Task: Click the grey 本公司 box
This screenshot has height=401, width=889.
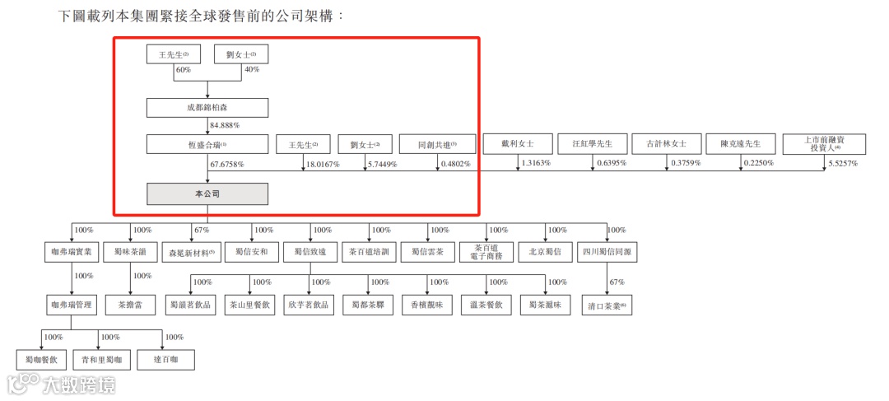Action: point(207,194)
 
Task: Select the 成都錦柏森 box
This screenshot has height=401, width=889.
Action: point(207,107)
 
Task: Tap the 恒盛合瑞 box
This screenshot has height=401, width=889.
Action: point(207,144)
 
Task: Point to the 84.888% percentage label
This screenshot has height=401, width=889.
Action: point(225,126)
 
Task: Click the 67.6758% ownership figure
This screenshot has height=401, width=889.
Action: point(228,165)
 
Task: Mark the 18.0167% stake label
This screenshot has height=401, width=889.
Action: point(322,165)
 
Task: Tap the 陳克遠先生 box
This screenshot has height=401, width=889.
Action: point(740,143)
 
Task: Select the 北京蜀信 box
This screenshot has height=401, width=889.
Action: point(544,252)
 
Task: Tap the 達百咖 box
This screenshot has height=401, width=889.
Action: point(166,359)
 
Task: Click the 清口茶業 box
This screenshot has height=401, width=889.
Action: point(607,305)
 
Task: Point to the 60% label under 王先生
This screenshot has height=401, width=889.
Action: point(183,70)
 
